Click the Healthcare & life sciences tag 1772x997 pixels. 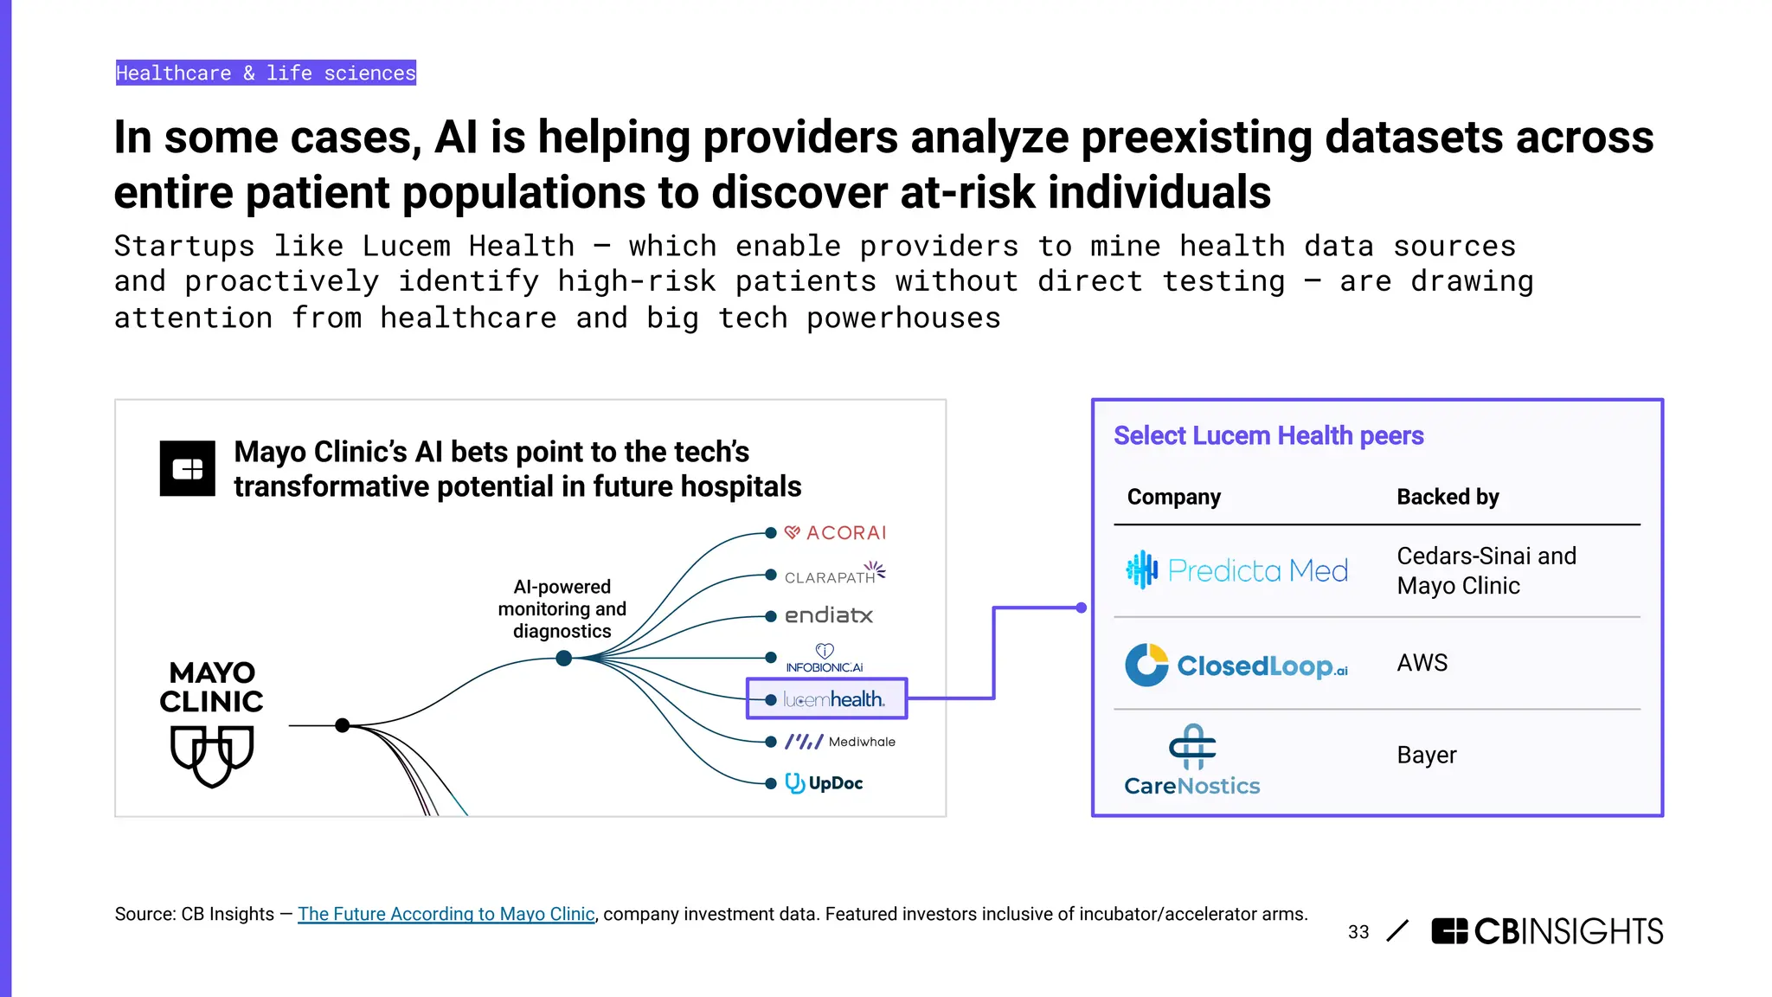coord(266,73)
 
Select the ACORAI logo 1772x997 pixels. coord(836,532)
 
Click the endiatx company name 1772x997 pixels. coord(828,615)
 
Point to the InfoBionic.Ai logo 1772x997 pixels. coord(825,659)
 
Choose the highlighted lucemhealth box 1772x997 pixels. coord(826,698)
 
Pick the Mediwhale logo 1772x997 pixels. coord(839,742)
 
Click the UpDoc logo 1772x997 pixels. coord(824,783)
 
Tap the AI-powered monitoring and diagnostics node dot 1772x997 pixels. coord(564,659)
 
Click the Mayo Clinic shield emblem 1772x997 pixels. coord(212,755)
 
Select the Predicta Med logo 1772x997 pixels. coord(1237,570)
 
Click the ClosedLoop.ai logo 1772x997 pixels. coord(1236,665)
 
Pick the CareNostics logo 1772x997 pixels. coord(1192,761)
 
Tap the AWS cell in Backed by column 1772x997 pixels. coord(1422,663)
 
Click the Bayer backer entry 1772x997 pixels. coord(1426,756)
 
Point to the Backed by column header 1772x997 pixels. coord(1448,497)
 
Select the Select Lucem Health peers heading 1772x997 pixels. coord(1268,435)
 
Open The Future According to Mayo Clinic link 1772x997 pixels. coord(446,914)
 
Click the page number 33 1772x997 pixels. coord(1358,932)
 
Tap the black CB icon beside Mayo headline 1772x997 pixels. coord(188,468)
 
